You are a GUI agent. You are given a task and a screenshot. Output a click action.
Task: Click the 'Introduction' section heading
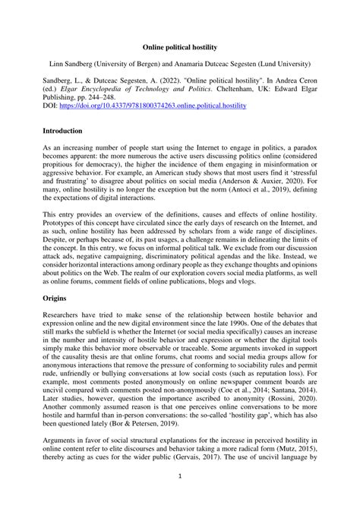(x=66, y=153)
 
